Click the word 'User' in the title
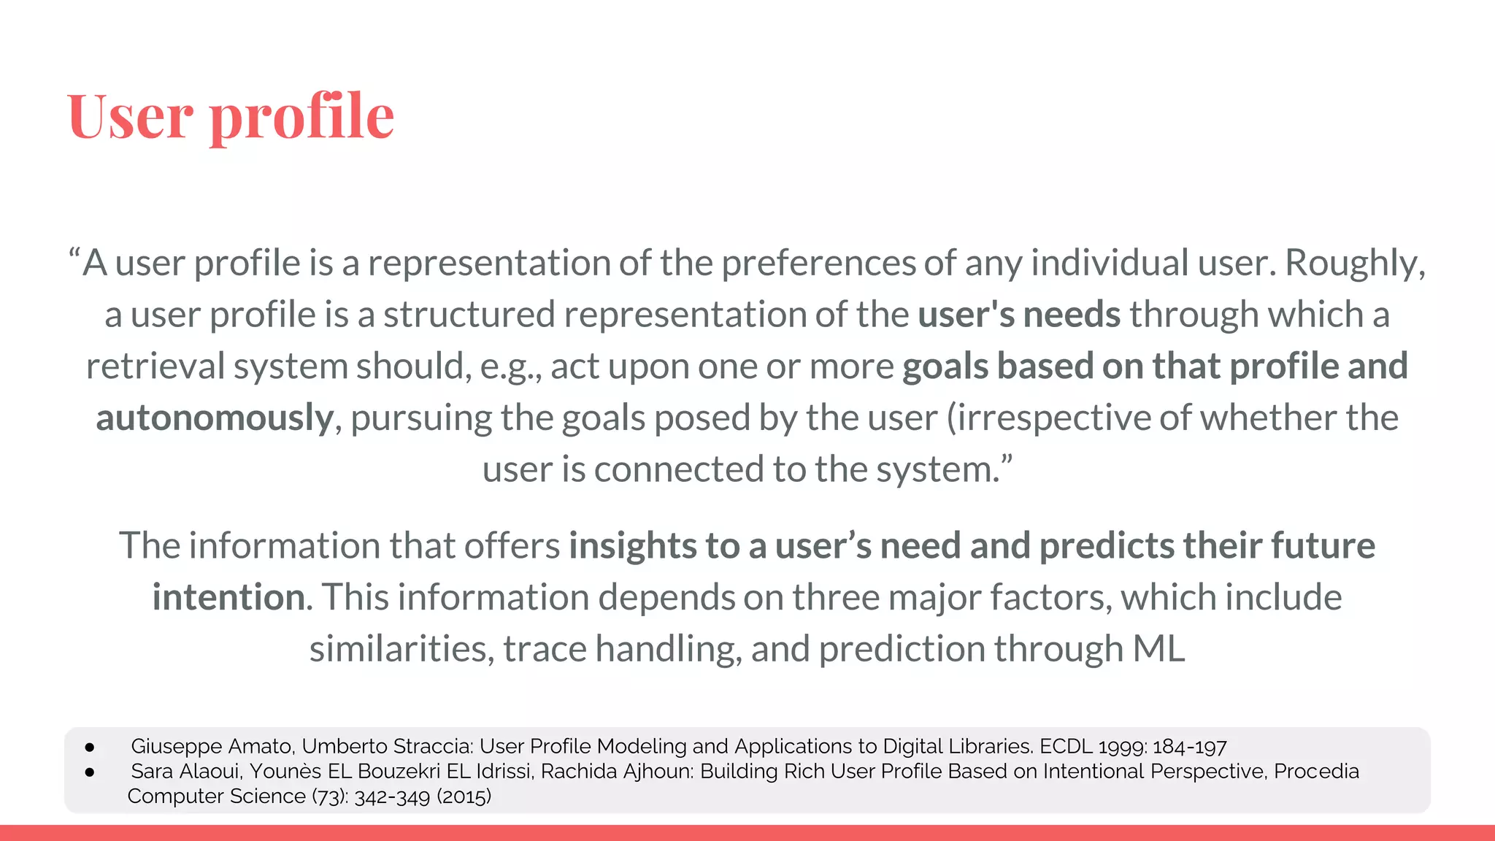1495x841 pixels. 130,116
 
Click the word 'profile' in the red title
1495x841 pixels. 302,116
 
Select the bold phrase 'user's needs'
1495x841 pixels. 1018,315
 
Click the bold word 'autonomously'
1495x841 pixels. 215,418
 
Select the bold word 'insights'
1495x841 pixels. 633,545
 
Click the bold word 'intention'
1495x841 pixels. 228,597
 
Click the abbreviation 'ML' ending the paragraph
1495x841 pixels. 1158,649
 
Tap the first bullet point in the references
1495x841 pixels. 90,747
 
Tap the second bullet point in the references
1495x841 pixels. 90,772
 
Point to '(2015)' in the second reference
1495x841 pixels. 464,796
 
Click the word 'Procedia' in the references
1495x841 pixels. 1316,772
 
